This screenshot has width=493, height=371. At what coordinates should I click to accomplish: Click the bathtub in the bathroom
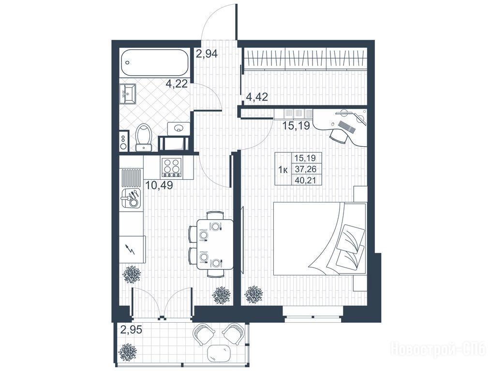pos(154,63)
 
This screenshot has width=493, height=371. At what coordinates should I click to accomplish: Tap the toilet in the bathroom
pos(144,137)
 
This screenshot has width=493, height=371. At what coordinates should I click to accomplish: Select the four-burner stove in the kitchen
pos(172,168)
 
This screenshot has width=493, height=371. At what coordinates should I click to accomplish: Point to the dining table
pos(215,244)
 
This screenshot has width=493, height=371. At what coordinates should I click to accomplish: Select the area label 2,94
pos(207,54)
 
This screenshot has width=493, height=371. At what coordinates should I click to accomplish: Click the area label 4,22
pos(177,84)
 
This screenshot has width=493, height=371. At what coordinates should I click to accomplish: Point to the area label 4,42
pos(257,97)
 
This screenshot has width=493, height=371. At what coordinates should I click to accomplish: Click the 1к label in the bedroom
pos(284,170)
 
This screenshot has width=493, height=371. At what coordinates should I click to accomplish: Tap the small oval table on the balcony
pos(220,353)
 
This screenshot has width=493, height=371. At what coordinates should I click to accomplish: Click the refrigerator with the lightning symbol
pos(133,250)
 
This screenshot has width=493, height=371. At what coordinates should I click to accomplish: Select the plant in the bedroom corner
pos(254,295)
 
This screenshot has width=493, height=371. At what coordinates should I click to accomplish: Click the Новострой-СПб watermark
pos(438,349)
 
